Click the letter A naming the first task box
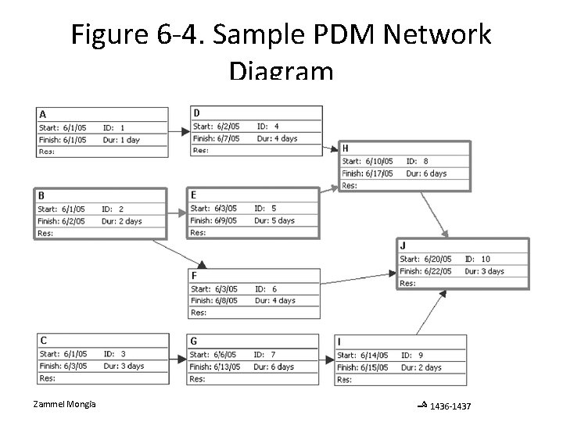click(43, 114)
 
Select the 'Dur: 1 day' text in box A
click(121, 139)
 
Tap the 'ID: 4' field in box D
click(267, 127)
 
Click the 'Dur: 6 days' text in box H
click(425, 173)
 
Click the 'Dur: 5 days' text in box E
click(274, 220)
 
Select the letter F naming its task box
click(194, 276)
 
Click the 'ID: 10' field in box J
click(477, 259)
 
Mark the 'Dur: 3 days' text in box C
click(123, 366)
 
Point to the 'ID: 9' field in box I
click(412, 356)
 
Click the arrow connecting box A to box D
click(180, 132)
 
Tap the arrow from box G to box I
click(327, 360)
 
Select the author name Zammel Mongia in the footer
click(65, 404)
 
